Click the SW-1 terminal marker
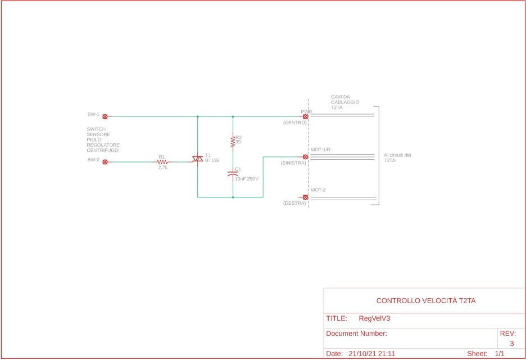click(x=105, y=116)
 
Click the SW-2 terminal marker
click(x=105, y=162)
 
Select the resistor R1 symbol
click(x=162, y=162)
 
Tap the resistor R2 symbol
click(x=233, y=141)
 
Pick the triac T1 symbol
click(x=198, y=159)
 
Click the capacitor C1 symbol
click(x=233, y=174)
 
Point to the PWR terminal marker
click(x=305, y=116)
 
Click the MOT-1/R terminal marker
click(x=305, y=157)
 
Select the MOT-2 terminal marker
click(x=305, y=197)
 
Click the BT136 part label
click(x=212, y=160)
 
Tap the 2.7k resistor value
click(x=163, y=167)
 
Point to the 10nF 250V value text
click(x=247, y=179)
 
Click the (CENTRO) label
click(x=295, y=123)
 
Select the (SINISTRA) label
click(x=293, y=163)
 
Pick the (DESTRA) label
click(x=294, y=203)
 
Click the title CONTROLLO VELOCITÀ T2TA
click(x=426, y=300)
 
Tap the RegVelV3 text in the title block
click(x=374, y=318)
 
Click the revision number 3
click(x=512, y=343)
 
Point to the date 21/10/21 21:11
click(x=371, y=354)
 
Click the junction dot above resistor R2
click(x=233, y=116)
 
